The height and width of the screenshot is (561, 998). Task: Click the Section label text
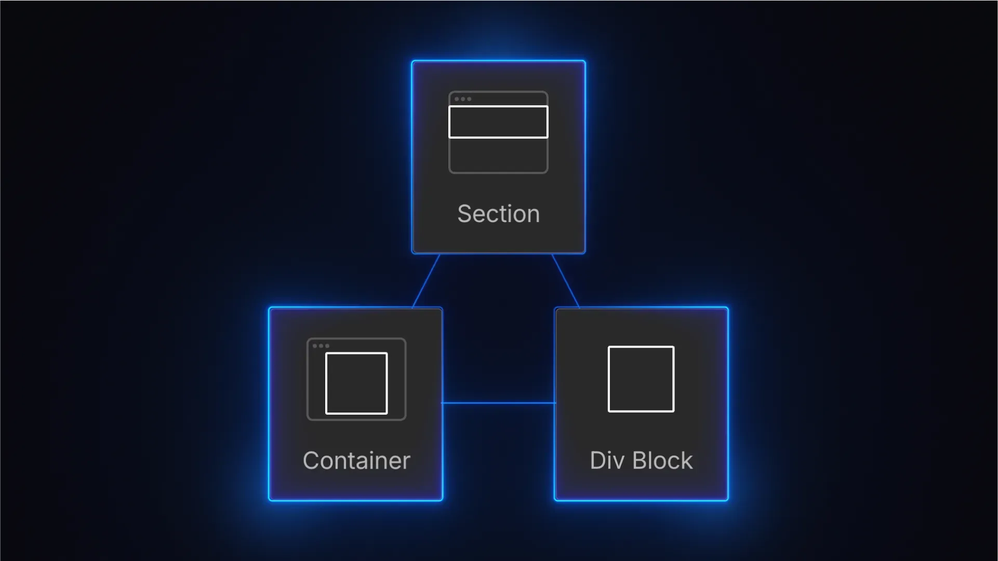pos(498,214)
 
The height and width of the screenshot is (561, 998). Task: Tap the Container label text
pos(356,460)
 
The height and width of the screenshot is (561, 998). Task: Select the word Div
pos(607,460)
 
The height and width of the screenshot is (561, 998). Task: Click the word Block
pos(662,460)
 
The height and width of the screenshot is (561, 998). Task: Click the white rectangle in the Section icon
pos(498,122)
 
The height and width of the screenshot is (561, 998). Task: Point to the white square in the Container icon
pos(356,383)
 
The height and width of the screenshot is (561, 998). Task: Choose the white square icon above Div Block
pos(641,379)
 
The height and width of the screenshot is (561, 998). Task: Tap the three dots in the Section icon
pos(463,99)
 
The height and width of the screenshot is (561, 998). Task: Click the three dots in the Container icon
pos(321,346)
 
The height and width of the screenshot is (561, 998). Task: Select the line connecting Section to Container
pos(426,281)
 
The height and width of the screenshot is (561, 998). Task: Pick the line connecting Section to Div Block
pos(566,281)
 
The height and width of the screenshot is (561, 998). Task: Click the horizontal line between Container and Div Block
pos(498,403)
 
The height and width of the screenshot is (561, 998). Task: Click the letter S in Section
pos(464,214)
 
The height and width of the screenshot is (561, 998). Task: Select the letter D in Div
pos(598,460)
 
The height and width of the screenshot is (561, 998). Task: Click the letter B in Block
pos(640,460)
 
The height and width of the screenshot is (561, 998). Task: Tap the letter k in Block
pos(687,460)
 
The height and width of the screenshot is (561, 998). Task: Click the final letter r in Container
pos(406,461)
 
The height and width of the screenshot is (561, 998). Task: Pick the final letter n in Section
pos(533,215)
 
